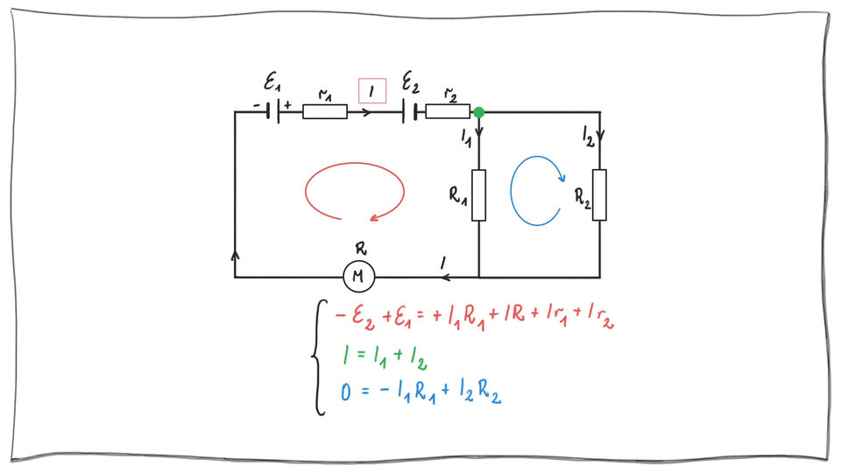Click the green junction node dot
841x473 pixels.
pos(478,112)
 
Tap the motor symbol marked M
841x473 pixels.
pos(358,277)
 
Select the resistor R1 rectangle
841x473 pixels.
pos(479,194)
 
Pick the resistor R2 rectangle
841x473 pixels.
pos(600,194)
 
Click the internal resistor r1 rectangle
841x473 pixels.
pos(325,112)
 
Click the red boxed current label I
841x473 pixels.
pos(372,90)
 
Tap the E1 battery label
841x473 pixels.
pos(272,83)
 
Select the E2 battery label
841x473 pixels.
pos(410,83)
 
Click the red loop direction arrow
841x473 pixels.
pos(354,191)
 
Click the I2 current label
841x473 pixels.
pos(588,135)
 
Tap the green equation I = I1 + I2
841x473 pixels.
pos(384,357)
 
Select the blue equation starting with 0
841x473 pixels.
pos(420,392)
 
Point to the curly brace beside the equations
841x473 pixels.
pos(319,356)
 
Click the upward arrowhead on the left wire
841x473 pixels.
pos(235,255)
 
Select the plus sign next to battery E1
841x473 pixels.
pos(287,104)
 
